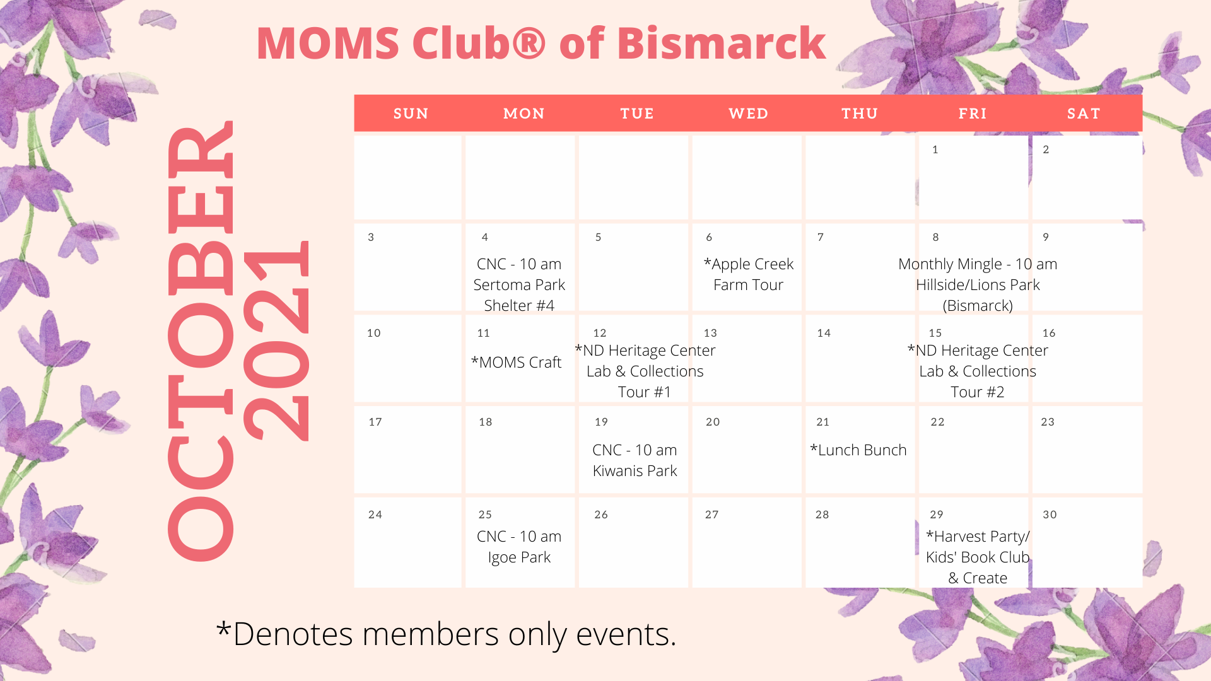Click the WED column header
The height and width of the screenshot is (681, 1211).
(x=748, y=113)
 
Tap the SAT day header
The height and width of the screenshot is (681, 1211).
(x=1084, y=113)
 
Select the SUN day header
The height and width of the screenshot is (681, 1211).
(x=411, y=113)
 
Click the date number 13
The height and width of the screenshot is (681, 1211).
(x=710, y=333)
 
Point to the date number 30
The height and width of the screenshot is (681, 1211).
(x=1050, y=515)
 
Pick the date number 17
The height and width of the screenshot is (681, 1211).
(x=375, y=422)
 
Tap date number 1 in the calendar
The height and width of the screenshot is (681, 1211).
(x=935, y=149)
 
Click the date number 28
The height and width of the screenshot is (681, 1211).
(x=822, y=515)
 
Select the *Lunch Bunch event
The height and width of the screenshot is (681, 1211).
(x=858, y=450)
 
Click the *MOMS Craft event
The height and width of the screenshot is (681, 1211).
(x=516, y=363)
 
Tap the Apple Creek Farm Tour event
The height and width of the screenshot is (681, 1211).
(x=748, y=274)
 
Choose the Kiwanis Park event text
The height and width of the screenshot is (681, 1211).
(x=635, y=460)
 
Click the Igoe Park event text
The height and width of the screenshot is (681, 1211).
(x=519, y=547)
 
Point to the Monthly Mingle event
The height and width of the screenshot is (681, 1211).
(x=978, y=284)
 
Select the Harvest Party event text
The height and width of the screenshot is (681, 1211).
(x=978, y=557)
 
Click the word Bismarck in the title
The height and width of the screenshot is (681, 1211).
(x=722, y=44)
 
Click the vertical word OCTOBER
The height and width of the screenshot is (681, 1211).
(x=201, y=340)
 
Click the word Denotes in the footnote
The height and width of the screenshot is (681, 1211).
(x=292, y=634)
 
